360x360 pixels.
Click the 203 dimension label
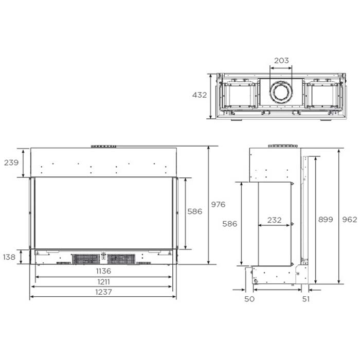tap(281, 61)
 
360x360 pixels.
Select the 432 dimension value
tap(200, 95)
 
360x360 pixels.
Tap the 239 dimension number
tap(11, 163)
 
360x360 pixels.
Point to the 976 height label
tap(218, 204)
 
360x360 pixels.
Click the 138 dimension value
tap(9, 257)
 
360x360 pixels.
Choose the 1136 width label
tap(103, 271)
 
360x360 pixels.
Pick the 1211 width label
tap(103, 282)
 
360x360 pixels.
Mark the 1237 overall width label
tap(103, 292)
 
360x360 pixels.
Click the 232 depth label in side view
tap(274, 220)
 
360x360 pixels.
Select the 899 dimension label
tap(326, 220)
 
